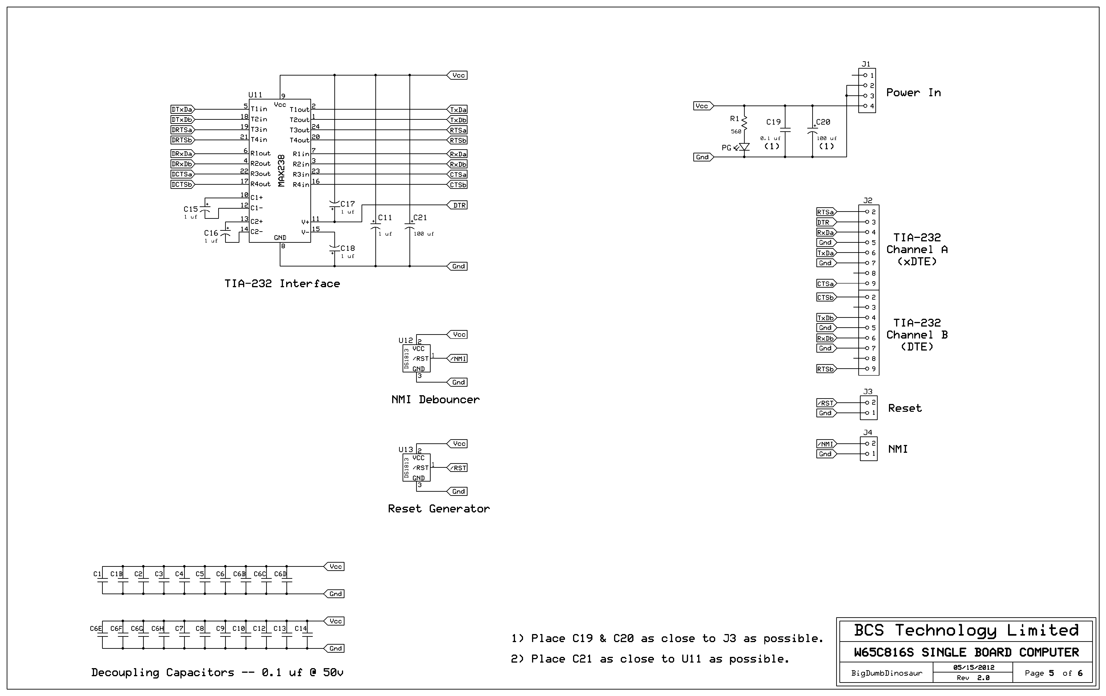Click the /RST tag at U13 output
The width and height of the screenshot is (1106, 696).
click(458, 468)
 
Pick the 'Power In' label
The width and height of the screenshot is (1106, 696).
click(913, 93)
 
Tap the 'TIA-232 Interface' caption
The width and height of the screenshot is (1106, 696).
click(282, 284)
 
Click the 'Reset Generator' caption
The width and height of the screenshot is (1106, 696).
click(439, 509)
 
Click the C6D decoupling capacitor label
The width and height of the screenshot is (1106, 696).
click(280, 574)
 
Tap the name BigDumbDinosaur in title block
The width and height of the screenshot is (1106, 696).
click(886, 673)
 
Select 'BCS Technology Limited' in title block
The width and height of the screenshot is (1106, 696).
click(966, 630)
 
